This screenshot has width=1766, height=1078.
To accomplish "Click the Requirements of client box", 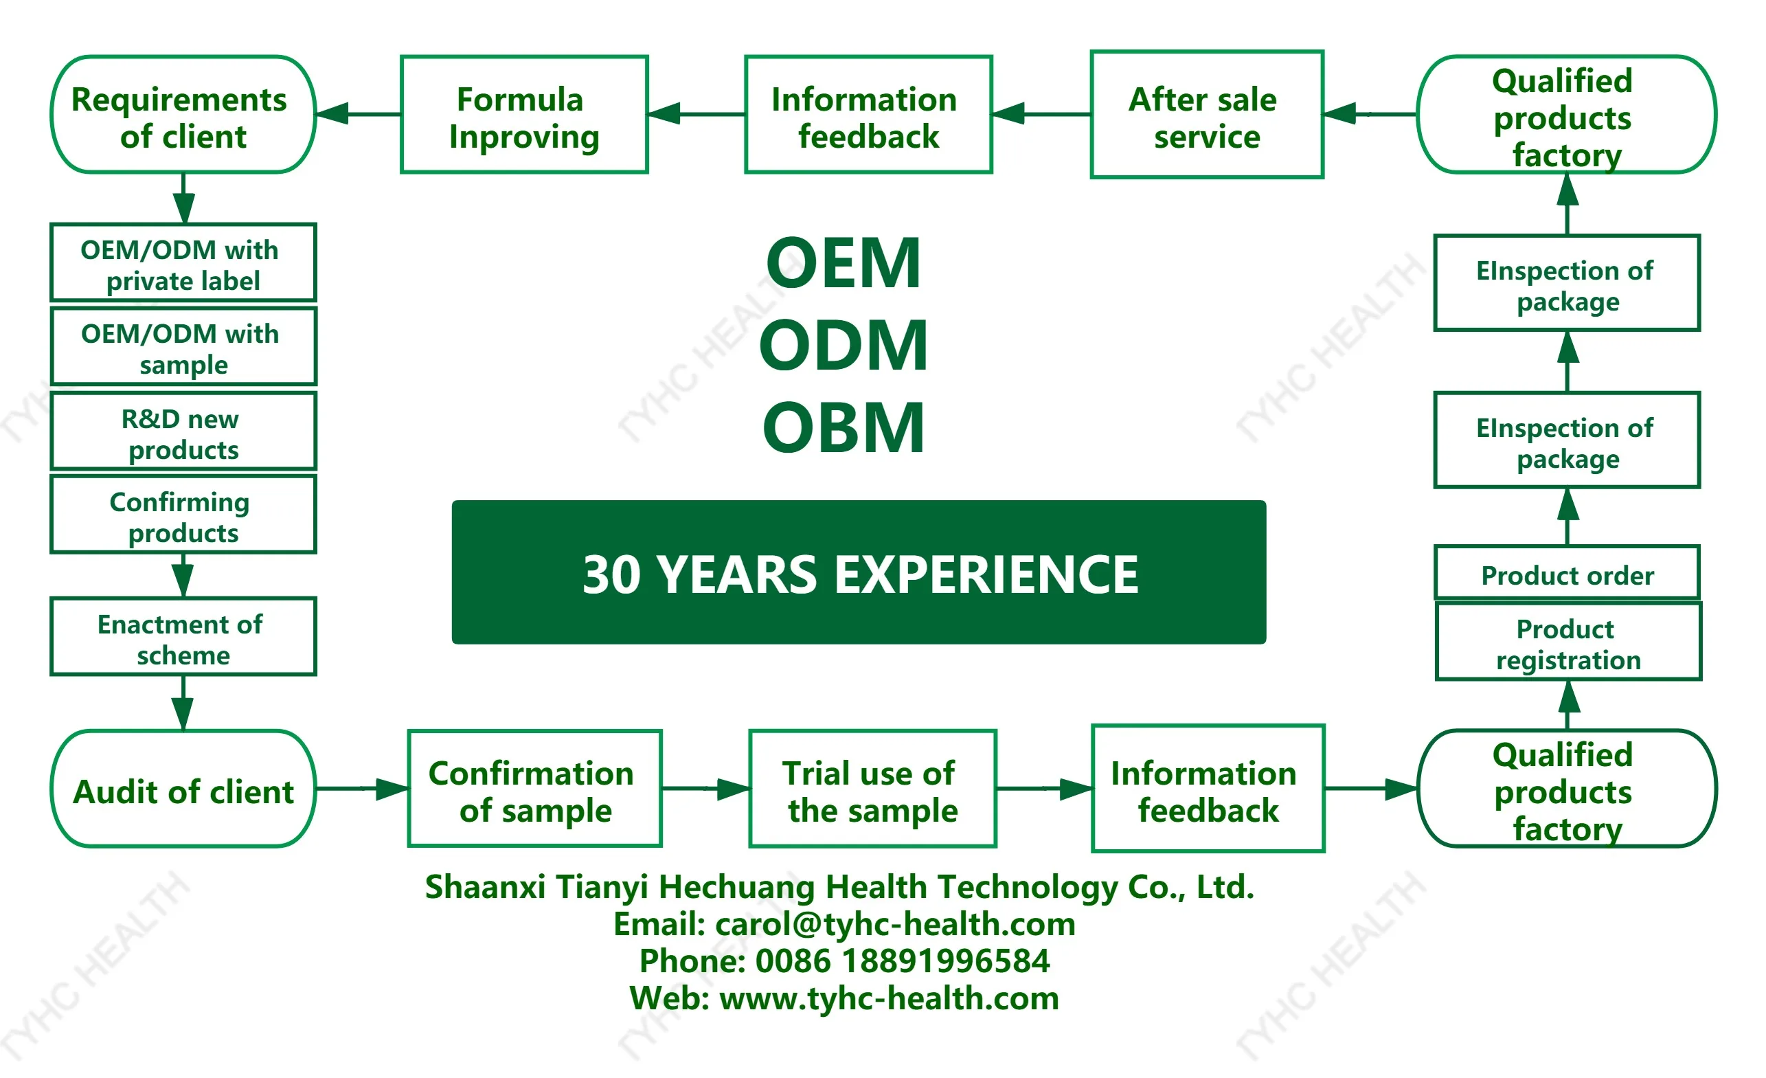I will tap(183, 115).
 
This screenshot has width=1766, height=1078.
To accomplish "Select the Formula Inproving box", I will tap(524, 115).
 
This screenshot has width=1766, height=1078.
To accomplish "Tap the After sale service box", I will tap(1206, 115).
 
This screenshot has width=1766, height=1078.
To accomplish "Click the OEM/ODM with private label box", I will tap(183, 263).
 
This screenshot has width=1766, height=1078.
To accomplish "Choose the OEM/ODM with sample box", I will tap(183, 347).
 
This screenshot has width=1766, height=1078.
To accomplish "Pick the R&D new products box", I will tap(183, 431).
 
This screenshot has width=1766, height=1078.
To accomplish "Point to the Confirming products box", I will tap(183, 515).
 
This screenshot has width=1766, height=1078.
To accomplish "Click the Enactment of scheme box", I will tap(183, 637).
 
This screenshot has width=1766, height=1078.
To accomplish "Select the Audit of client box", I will tap(183, 790).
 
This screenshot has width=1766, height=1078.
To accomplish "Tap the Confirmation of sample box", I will tap(534, 790).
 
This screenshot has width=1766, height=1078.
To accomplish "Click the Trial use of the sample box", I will tap(872, 790).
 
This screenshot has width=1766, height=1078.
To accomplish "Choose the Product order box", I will tap(1567, 574).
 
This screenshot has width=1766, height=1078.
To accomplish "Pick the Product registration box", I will tap(1568, 642).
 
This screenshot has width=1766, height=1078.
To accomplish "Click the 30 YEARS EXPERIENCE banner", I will tap(859, 573).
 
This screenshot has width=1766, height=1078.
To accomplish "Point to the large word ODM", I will tap(844, 346).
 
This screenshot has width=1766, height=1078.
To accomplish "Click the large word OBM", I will tap(844, 428).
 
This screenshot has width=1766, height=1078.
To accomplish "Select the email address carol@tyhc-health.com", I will tap(895, 924).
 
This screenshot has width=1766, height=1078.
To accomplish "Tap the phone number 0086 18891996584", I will tap(903, 961).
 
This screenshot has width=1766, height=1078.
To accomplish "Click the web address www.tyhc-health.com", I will tap(889, 998).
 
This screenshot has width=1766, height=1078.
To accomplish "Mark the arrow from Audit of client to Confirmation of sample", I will tap(362, 789).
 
